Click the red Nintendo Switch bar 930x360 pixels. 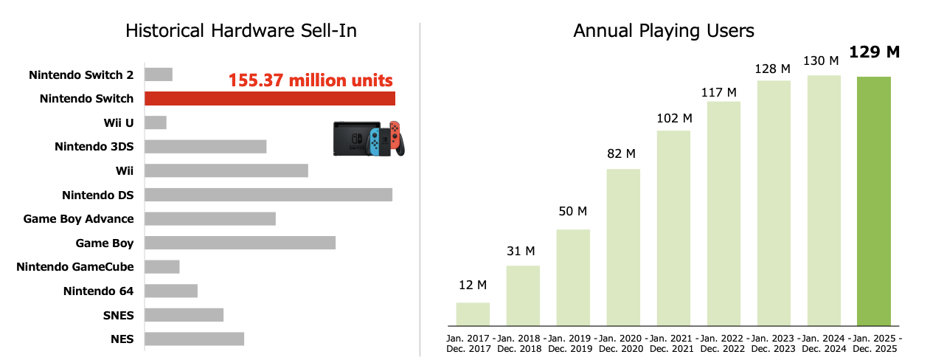pyautogui.click(x=270, y=99)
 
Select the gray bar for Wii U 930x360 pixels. pyautogui.click(x=156, y=122)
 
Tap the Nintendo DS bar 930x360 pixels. pyautogui.click(x=268, y=195)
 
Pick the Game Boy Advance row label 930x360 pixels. pyautogui.click(x=79, y=219)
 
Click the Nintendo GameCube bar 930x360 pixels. pyautogui.click(x=162, y=267)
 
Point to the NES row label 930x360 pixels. pyautogui.click(x=122, y=339)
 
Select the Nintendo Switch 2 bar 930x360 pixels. pyautogui.click(x=159, y=75)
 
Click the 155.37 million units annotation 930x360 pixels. pyautogui.click(x=310, y=80)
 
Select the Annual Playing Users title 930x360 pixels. pyautogui.click(x=664, y=31)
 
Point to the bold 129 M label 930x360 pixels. pyautogui.click(x=874, y=52)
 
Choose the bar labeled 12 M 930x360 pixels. pyautogui.click(x=473, y=314)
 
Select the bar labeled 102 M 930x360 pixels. pyautogui.click(x=673, y=228)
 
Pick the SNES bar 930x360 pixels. pyautogui.click(x=184, y=315)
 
